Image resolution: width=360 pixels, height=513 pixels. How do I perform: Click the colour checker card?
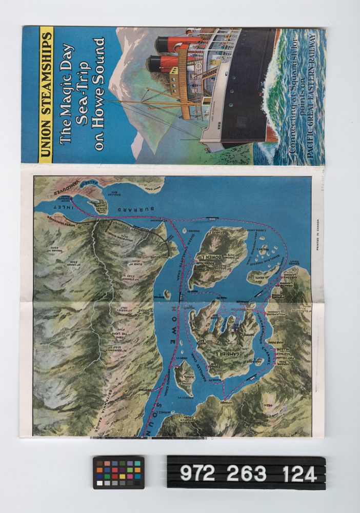(118, 472)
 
